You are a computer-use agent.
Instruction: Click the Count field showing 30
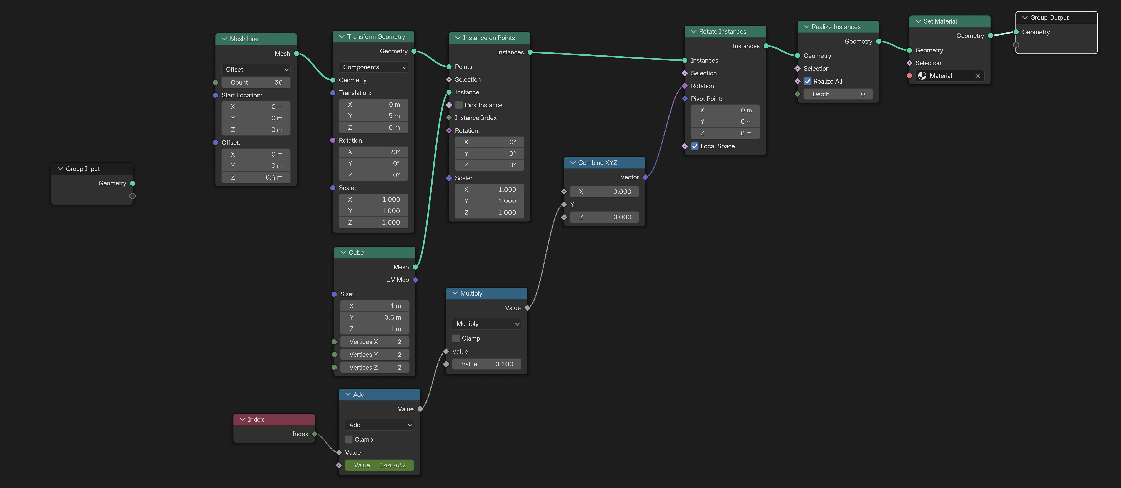click(x=256, y=82)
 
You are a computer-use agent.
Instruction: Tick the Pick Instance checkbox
click(x=459, y=105)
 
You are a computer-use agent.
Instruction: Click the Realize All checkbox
click(x=808, y=81)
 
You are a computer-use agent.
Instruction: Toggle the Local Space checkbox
click(x=695, y=146)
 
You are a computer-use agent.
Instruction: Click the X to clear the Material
click(x=978, y=76)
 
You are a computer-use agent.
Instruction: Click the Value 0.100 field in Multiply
click(x=487, y=364)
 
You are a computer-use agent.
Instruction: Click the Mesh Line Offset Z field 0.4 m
click(x=256, y=177)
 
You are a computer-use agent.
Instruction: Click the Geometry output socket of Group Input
click(x=133, y=183)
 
